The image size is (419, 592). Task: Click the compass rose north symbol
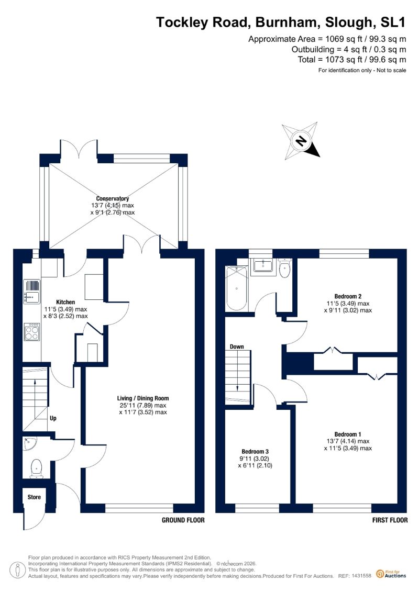tap(301, 141)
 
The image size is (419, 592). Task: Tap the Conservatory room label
tap(113, 198)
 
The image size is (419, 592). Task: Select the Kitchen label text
tap(65, 302)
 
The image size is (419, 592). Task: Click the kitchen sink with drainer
tap(32, 291)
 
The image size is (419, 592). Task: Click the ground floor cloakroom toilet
tap(36, 468)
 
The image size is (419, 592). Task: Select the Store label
tap(34, 497)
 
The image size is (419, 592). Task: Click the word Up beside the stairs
tap(53, 418)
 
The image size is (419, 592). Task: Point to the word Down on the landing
tap(237, 347)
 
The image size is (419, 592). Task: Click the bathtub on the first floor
tap(237, 288)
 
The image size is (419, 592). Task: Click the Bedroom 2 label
tap(348, 296)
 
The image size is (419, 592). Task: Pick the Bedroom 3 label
tap(255, 452)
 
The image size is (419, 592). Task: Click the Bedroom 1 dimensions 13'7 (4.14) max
tap(348, 441)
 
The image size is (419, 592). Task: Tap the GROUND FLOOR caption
tap(183, 520)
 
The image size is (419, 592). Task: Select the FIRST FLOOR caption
tap(390, 520)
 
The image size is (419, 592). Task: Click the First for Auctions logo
tap(391, 574)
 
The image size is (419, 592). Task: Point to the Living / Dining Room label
tap(143, 398)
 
